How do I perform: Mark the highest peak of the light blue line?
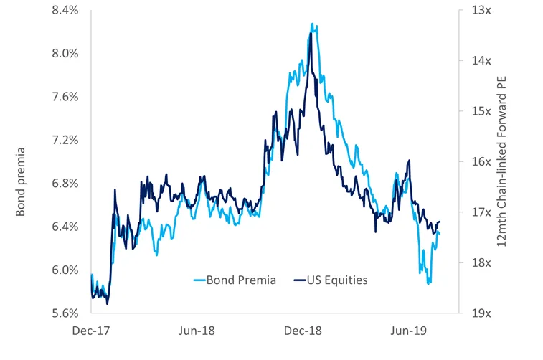(x=312, y=24)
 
